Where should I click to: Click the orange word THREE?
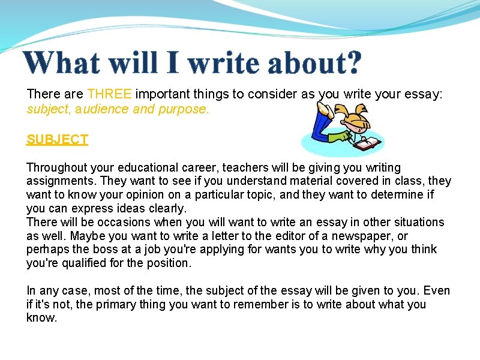(x=111, y=94)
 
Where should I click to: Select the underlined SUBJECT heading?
(x=58, y=139)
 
